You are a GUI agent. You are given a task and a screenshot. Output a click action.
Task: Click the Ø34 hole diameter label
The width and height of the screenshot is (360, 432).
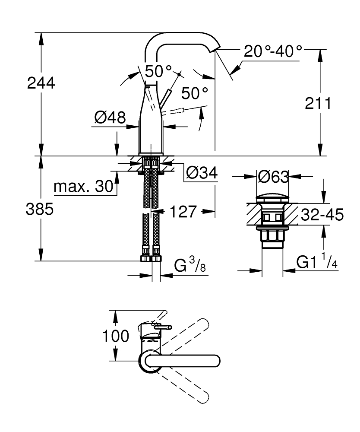(202, 173)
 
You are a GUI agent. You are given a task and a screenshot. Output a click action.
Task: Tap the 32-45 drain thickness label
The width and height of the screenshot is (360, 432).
(322, 214)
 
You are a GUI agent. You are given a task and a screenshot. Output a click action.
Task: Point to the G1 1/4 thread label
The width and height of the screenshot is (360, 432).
(316, 262)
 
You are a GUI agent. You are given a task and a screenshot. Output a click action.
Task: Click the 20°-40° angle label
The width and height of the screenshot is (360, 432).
(273, 51)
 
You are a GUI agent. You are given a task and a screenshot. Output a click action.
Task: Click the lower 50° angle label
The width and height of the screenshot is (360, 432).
(194, 93)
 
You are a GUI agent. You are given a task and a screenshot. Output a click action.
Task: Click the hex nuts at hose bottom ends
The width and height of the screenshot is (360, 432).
(150, 259)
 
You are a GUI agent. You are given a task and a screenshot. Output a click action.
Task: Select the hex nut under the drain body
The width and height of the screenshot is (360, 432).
(272, 237)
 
